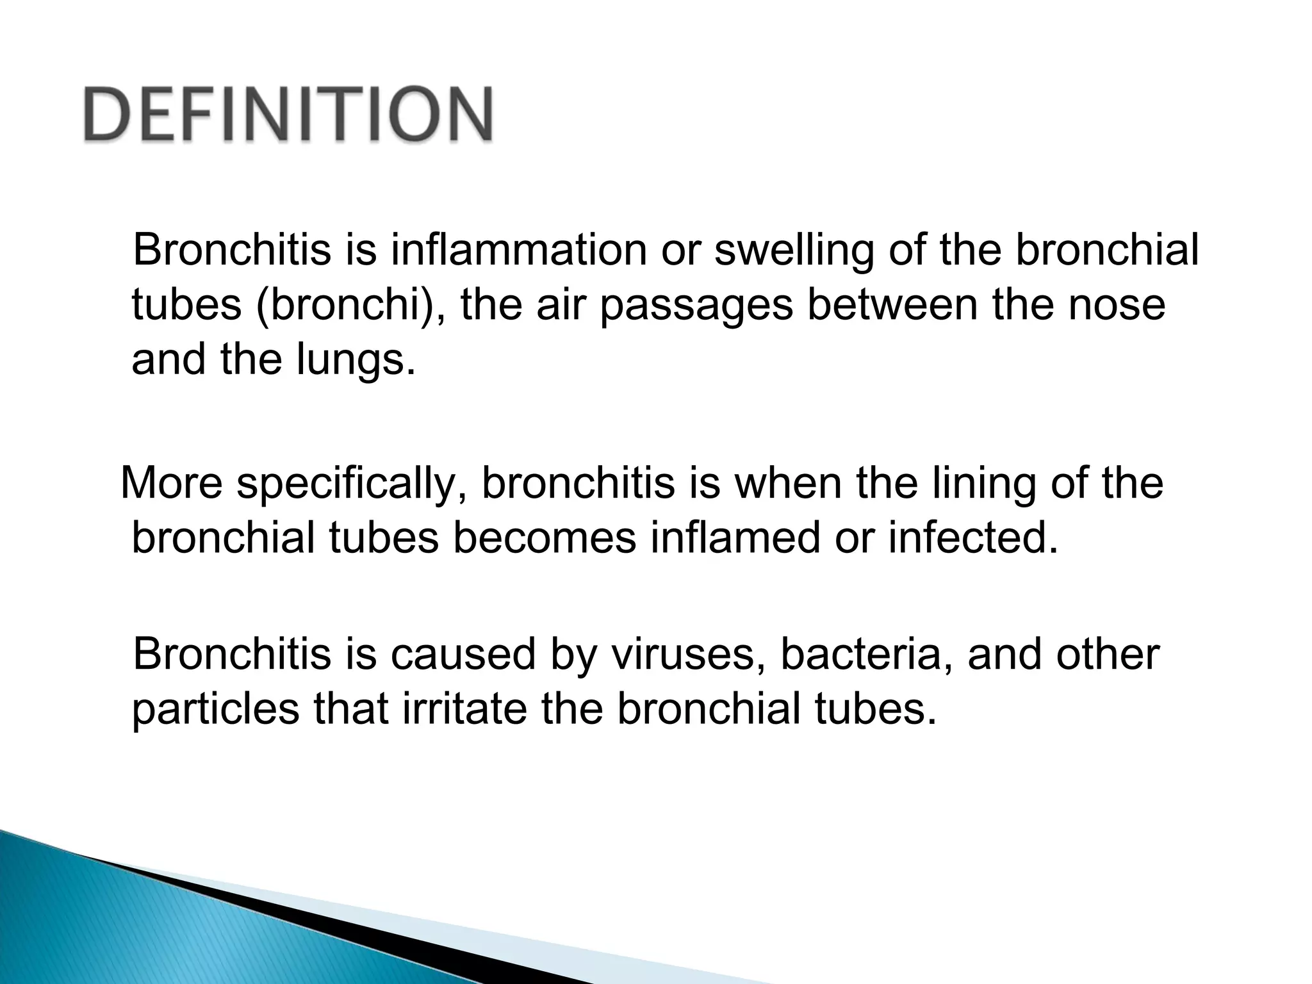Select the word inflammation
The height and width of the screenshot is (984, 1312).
click(519, 250)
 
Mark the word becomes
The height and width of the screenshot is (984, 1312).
click(545, 538)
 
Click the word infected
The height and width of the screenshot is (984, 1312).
click(974, 538)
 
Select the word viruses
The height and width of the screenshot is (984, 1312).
click(685, 655)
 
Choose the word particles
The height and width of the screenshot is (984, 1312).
click(215, 710)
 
